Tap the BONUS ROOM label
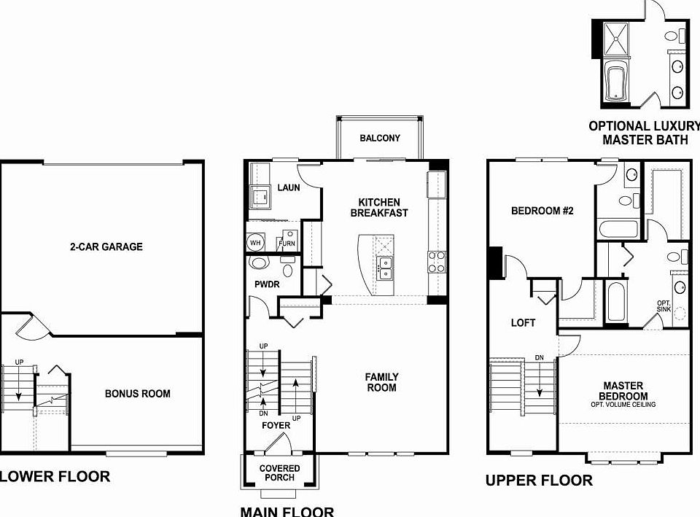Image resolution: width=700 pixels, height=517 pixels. point(137,394)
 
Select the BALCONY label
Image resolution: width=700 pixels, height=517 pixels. point(380,139)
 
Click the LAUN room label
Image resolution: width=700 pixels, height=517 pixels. point(288,188)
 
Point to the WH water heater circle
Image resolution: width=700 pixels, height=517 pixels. point(255,242)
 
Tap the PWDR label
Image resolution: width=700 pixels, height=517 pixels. point(267,284)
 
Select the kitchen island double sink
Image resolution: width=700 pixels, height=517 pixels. point(384,268)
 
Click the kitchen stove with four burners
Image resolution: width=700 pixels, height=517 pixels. point(436,261)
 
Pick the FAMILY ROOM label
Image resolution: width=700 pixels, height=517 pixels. point(381,382)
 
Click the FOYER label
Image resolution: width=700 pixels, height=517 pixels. point(276,425)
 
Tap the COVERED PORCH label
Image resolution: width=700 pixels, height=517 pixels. point(279,473)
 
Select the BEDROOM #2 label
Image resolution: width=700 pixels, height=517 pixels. point(542,211)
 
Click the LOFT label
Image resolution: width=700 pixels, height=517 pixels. point(523,322)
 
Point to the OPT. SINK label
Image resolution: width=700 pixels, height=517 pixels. point(664,306)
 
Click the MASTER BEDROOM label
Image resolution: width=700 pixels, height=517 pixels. point(623,391)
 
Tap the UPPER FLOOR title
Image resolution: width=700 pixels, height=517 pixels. point(539,480)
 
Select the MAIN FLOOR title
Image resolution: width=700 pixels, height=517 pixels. point(287,511)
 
